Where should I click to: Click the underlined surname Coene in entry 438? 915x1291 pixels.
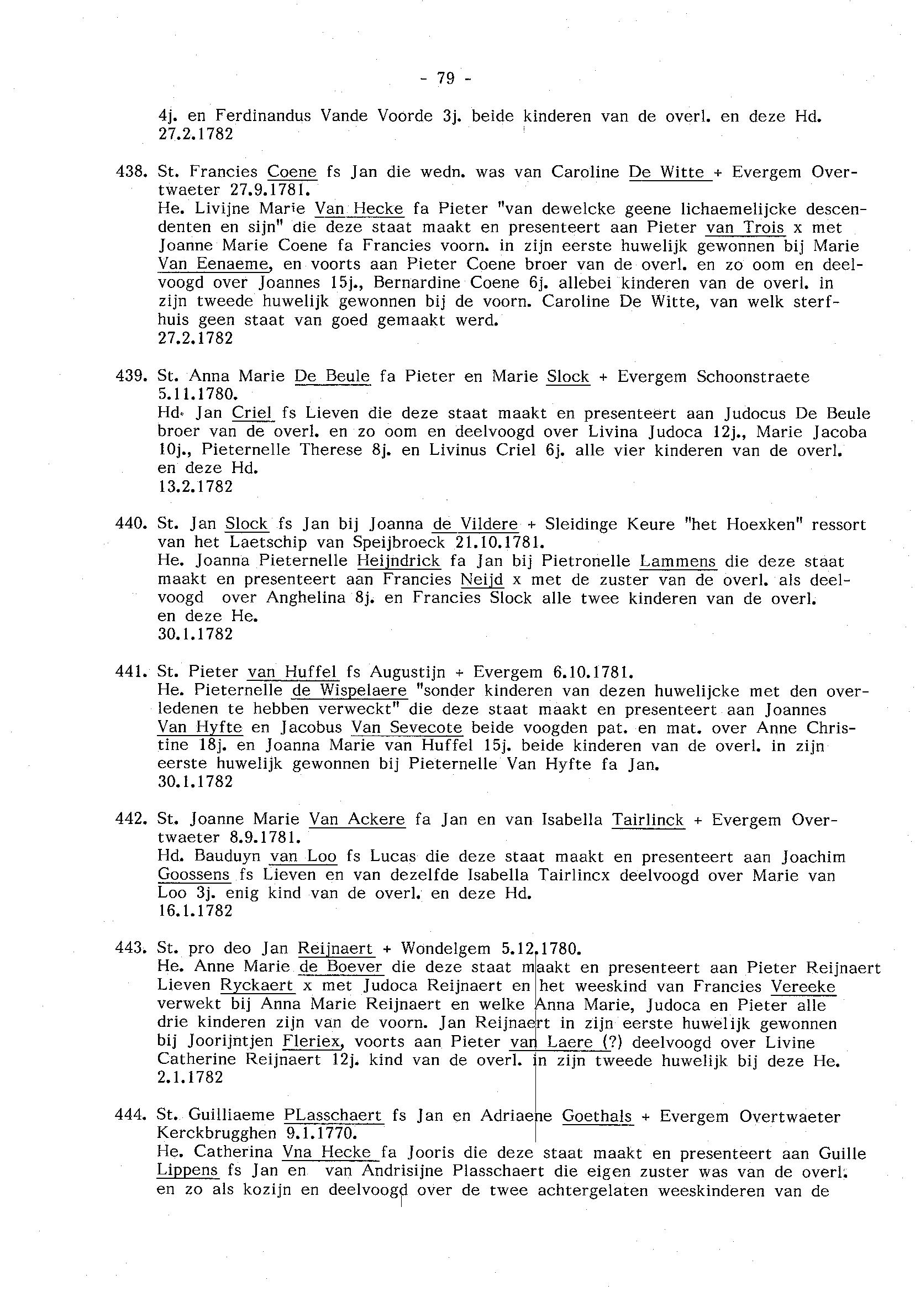(292, 172)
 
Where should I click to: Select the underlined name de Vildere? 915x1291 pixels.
(475, 524)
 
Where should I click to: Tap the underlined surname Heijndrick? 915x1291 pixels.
(399, 561)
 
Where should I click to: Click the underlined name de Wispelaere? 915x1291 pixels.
(349, 690)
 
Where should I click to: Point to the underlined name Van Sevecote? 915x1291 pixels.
(407, 727)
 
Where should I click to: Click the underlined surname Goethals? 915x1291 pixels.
(597, 1115)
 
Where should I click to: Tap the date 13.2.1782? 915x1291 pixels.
(196, 486)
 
